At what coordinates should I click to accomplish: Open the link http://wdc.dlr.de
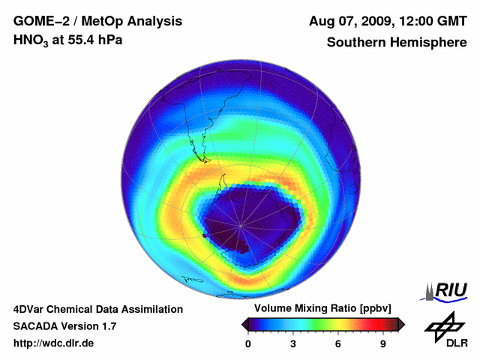pyautogui.click(x=54, y=343)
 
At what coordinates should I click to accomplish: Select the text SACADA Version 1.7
pyautogui.click(x=64, y=326)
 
